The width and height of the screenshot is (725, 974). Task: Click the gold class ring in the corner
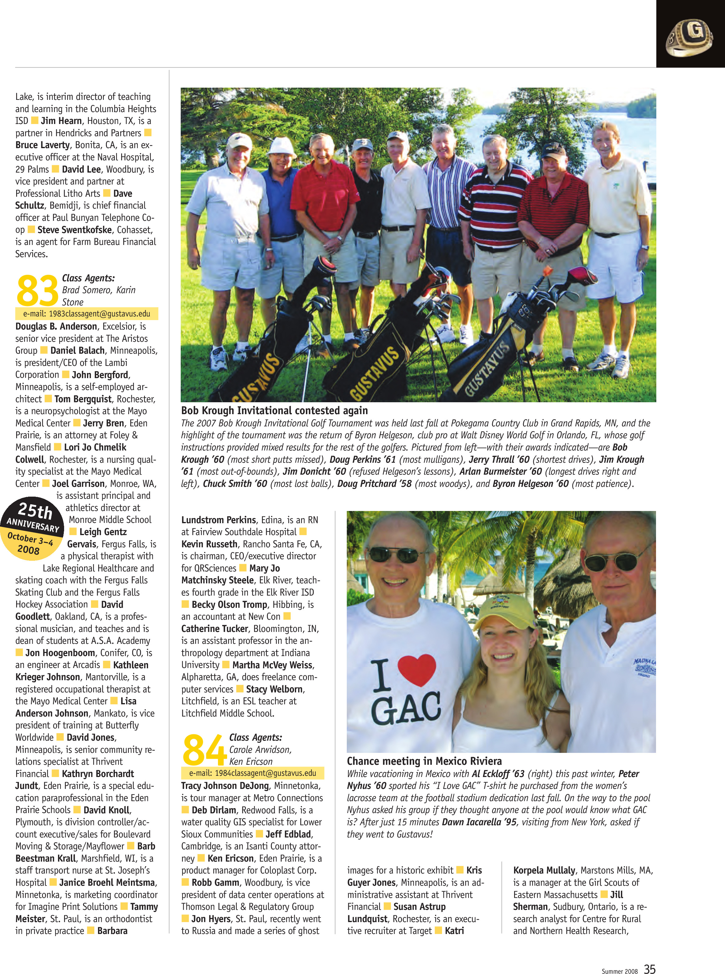(x=689, y=39)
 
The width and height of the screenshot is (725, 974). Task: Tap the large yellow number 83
(x=37, y=291)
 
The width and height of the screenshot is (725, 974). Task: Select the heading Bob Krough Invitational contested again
(x=274, y=410)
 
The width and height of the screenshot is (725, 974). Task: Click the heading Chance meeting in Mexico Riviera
(x=424, y=761)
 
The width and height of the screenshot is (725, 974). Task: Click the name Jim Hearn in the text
(x=61, y=121)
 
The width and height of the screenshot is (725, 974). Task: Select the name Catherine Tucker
(x=215, y=629)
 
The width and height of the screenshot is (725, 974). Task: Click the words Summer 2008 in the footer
(x=619, y=971)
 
